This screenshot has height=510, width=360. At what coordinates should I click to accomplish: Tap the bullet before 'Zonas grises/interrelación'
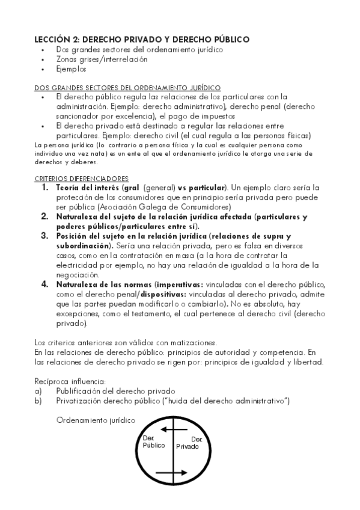click(43, 60)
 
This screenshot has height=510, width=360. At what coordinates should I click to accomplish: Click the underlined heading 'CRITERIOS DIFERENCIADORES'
click(81, 178)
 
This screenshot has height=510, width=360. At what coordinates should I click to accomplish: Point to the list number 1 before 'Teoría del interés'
click(45, 188)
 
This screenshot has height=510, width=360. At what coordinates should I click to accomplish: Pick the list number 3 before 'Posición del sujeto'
click(45, 236)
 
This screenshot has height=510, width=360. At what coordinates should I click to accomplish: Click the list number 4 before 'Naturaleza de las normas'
click(45, 283)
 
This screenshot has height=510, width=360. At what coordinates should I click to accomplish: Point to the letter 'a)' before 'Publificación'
click(38, 390)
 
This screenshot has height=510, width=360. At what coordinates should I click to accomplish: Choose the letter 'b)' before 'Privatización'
click(38, 400)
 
